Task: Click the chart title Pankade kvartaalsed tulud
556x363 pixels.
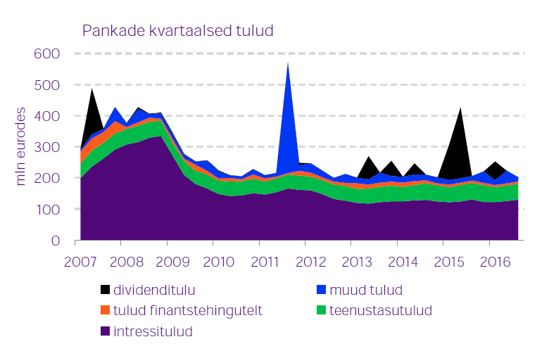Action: click(177, 31)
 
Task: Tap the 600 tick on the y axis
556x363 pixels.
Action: click(46, 53)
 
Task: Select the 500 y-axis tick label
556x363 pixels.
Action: click(46, 85)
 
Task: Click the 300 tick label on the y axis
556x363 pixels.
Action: click(46, 147)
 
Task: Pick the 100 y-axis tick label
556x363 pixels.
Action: click(46, 210)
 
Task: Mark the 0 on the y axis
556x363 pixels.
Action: click(55, 241)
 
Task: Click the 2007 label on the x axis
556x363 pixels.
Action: click(80, 262)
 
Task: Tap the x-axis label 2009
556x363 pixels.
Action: click(172, 262)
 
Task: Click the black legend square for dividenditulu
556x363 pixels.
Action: click(106, 289)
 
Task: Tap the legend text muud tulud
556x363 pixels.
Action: click(361, 289)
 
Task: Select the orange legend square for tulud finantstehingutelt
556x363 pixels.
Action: click(106, 310)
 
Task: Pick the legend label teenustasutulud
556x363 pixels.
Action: click(381, 310)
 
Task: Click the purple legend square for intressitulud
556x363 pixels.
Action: click(106, 331)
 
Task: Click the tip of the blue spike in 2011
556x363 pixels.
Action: click(288, 63)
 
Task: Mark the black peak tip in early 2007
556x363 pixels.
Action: click(92, 88)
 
